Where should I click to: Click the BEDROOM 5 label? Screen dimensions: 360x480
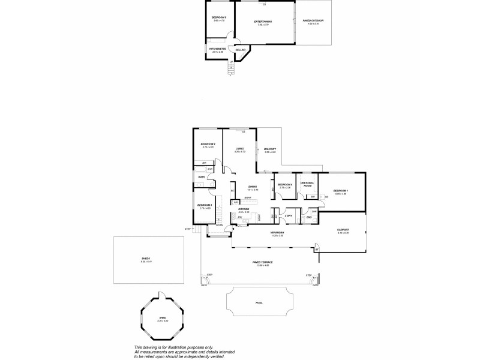click(218, 17)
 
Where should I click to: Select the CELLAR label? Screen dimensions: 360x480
click(239, 49)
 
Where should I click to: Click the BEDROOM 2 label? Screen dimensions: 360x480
click(208, 145)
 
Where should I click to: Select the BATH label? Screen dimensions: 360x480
click(202, 177)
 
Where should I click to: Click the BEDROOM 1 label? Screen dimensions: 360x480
click(340, 191)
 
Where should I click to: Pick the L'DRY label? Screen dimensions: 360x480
click(289, 215)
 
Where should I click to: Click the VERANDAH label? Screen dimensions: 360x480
click(277, 233)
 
